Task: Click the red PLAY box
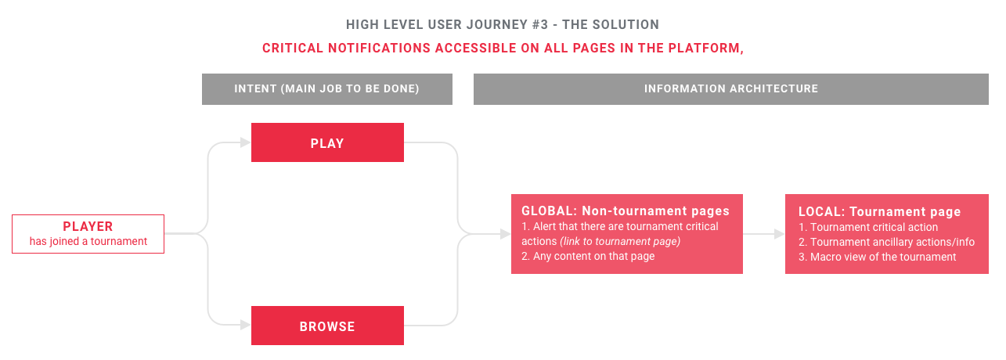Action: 327,142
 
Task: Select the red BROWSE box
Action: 327,326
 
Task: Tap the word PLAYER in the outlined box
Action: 88,227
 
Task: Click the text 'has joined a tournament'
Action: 88,241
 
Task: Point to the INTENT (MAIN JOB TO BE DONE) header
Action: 326,89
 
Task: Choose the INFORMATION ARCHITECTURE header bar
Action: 730,89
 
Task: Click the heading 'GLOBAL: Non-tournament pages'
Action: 625,211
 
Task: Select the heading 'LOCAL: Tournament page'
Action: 879,211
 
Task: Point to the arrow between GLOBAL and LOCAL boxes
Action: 763,233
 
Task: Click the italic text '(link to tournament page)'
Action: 619,241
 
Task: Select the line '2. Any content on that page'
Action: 588,256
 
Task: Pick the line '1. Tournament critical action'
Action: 867,227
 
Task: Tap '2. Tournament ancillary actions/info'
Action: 886,242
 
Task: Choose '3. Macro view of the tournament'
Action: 877,257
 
